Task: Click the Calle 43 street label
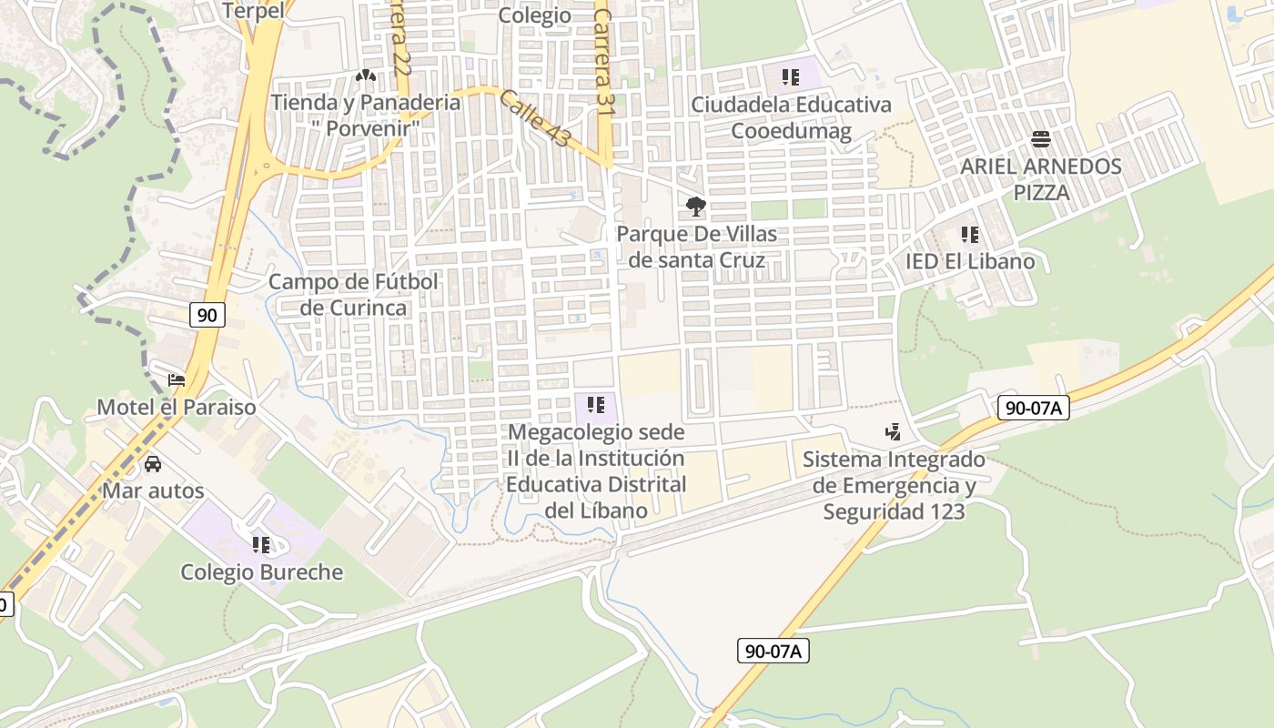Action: (535, 119)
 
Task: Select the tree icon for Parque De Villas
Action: (696, 207)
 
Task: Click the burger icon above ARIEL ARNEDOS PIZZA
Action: (1041, 139)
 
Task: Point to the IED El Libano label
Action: (970, 261)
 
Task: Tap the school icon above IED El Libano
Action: (970, 235)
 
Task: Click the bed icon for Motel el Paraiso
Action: (177, 379)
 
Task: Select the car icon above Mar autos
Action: (153, 464)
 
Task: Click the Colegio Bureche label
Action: (262, 572)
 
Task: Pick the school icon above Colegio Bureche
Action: (261, 545)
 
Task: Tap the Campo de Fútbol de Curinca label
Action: (353, 295)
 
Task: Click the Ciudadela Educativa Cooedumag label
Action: (791, 117)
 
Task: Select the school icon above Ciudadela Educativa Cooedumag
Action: (790, 77)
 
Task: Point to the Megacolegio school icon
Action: (596, 404)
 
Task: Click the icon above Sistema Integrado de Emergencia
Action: (893, 432)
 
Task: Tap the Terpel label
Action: (253, 11)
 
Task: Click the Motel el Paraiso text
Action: (177, 407)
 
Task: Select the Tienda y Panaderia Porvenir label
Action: (366, 115)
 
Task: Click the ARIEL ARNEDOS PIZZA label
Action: (1041, 179)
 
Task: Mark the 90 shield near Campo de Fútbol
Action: (207, 315)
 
